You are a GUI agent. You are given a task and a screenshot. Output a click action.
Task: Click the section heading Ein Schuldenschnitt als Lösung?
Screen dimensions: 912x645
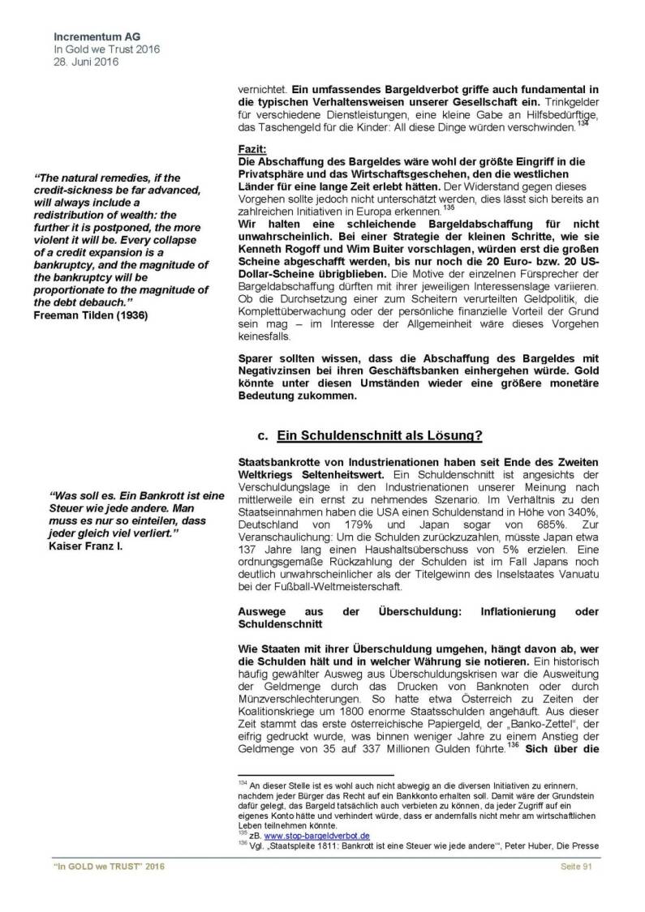[380, 435]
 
